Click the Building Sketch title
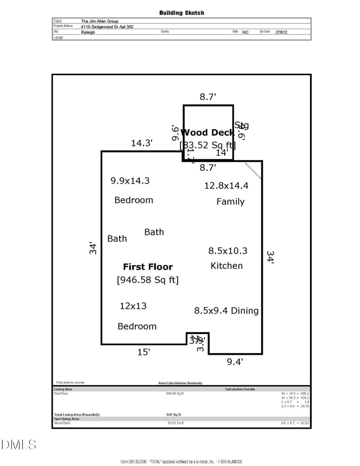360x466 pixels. [181, 13]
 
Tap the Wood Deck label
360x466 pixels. [207, 132]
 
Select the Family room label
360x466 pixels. [230, 202]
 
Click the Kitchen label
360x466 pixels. [226, 266]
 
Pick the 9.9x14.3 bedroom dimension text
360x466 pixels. [130, 181]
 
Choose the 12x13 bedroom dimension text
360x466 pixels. [133, 306]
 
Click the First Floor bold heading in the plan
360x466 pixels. [148, 267]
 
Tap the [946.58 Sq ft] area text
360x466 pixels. [148, 280]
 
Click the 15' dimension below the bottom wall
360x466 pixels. [144, 352]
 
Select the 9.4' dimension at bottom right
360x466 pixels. [235, 361]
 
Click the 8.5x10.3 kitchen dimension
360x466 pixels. [228, 251]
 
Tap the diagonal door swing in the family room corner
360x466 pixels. [253, 170]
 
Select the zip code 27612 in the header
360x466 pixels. [281, 32]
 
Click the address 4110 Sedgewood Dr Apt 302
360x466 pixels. [107, 27]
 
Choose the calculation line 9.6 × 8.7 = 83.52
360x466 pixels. [295, 423]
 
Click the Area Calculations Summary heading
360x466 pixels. [180, 383]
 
